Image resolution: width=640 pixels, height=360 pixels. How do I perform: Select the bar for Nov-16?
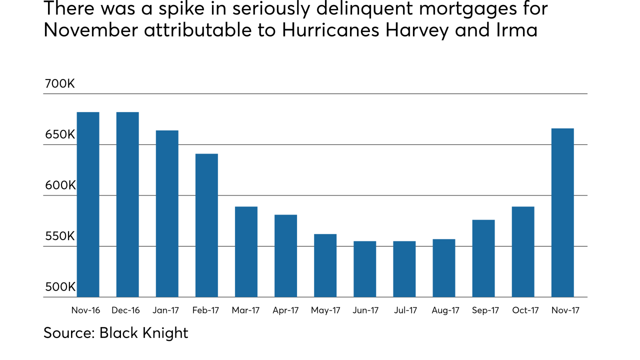click(x=88, y=204)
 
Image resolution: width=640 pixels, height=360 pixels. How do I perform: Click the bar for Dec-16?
click(x=127, y=204)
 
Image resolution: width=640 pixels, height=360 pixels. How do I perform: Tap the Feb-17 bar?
click(x=206, y=225)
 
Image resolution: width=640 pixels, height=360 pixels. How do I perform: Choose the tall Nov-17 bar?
click(x=562, y=212)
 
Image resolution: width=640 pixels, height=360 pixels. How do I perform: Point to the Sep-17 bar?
click(x=483, y=258)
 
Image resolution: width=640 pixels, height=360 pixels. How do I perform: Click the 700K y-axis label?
click(x=59, y=83)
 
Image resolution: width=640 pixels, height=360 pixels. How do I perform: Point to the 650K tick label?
click(x=59, y=134)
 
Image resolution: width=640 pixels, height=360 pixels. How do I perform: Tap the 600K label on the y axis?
click(x=59, y=185)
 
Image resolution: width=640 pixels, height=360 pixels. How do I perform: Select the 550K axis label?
click(x=59, y=236)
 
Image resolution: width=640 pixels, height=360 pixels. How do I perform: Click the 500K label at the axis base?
click(x=59, y=287)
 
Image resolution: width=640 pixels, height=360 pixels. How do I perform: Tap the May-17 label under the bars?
click(x=325, y=310)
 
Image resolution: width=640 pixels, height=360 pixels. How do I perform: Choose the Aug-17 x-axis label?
click(x=445, y=310)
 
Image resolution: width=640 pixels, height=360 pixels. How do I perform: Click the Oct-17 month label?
click(x=525, y=310)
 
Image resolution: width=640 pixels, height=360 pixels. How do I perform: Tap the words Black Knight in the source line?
click(x=144, y=332)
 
